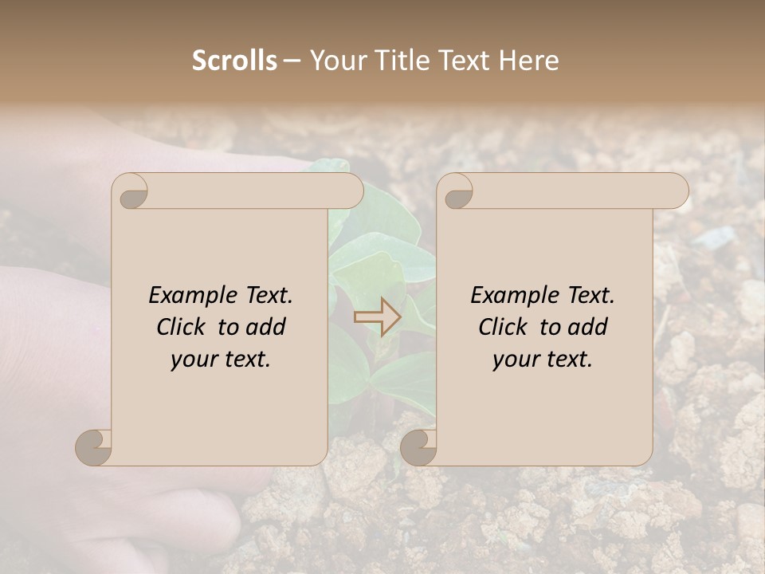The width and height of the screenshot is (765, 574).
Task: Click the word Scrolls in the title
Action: [234, 61]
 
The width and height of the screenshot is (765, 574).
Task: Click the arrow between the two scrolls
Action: [378, 316]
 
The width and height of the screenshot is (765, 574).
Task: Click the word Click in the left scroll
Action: [182, 328]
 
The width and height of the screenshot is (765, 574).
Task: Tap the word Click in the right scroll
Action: [504, 328]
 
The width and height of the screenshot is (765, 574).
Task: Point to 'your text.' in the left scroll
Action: [221, 360]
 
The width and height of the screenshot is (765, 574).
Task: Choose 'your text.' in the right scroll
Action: [543, 360]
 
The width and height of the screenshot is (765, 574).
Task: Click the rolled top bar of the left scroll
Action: [255, 191]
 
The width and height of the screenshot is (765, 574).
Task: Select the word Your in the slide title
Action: [334, 61]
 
